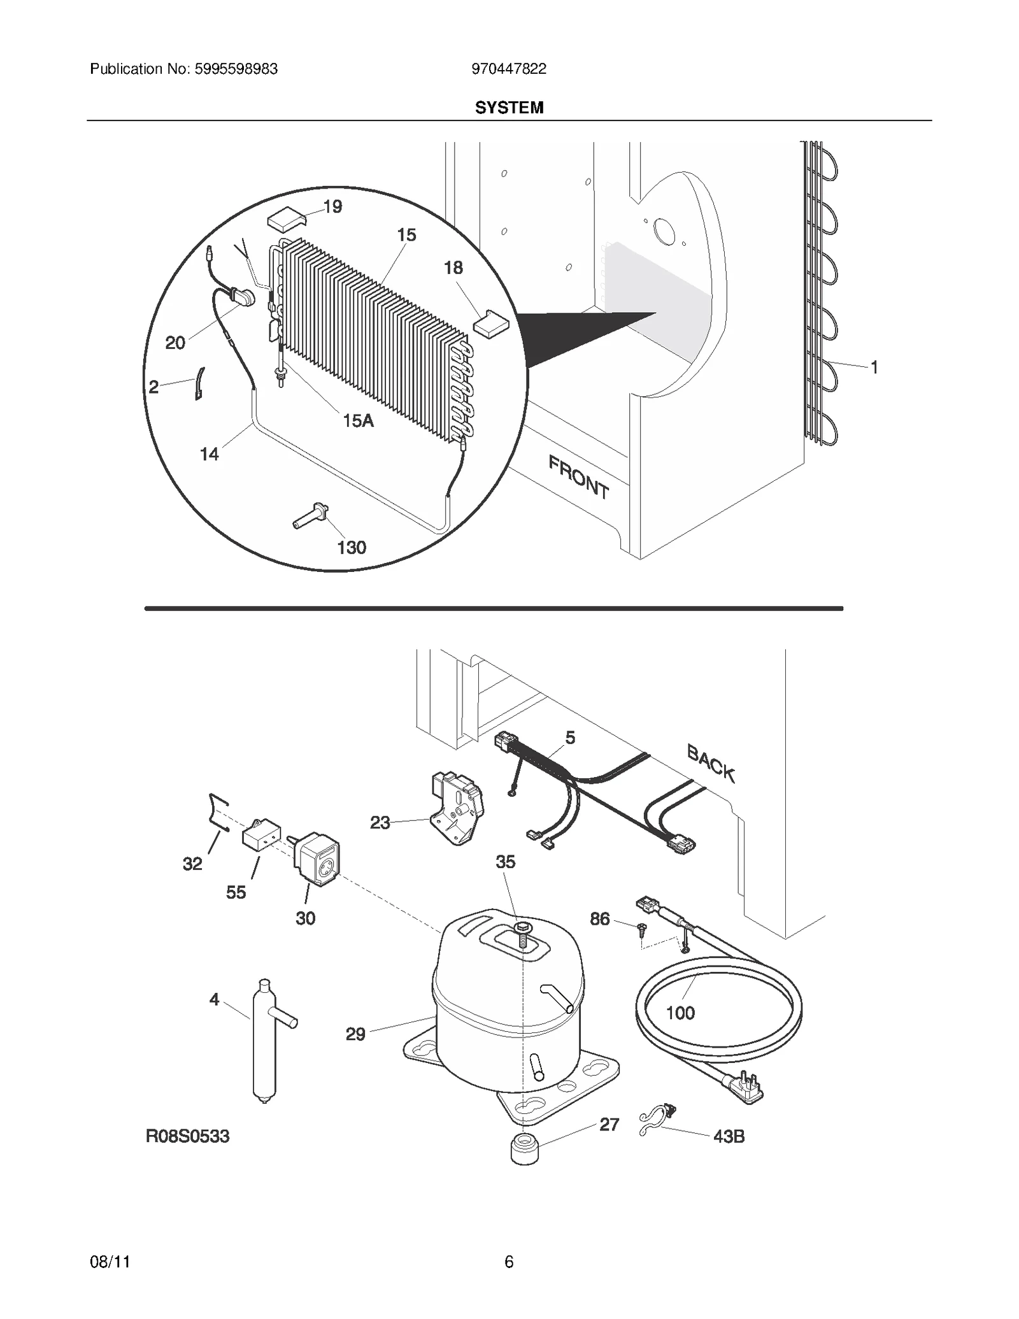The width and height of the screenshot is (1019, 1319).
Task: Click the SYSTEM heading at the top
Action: click(509, 108)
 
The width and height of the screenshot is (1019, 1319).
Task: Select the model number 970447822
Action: click(509, 69)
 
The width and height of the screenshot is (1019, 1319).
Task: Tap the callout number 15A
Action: click(358, 420)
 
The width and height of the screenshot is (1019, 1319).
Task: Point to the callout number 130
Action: click(351, 547)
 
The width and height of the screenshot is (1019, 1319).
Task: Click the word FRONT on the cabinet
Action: click(578, 477)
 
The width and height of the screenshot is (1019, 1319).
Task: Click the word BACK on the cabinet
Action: click(711, 763)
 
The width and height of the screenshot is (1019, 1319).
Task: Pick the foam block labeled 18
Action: click(491, 322)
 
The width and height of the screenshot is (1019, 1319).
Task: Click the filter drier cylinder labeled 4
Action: click(265, 1043)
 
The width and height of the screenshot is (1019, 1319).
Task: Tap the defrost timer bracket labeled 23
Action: click(457, 807)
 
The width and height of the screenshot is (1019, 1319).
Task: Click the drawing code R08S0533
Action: click(188, 1136)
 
